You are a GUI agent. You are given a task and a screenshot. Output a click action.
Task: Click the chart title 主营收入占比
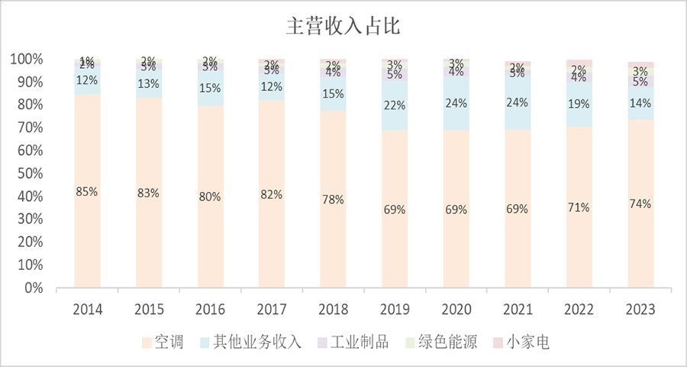343,27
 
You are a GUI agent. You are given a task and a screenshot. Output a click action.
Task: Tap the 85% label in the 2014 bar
87,192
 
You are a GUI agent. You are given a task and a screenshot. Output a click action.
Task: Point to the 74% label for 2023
640,204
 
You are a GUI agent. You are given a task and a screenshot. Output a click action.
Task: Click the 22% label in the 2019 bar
394,106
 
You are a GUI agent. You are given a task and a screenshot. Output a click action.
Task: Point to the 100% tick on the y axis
27,59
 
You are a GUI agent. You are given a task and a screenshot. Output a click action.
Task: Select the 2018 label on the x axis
333,310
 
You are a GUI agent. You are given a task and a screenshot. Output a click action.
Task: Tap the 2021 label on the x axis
517,310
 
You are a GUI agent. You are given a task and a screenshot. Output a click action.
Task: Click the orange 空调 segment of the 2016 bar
210,229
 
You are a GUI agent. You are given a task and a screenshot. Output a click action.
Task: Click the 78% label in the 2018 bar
333,200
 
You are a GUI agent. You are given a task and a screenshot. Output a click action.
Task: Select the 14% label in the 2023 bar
640,102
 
